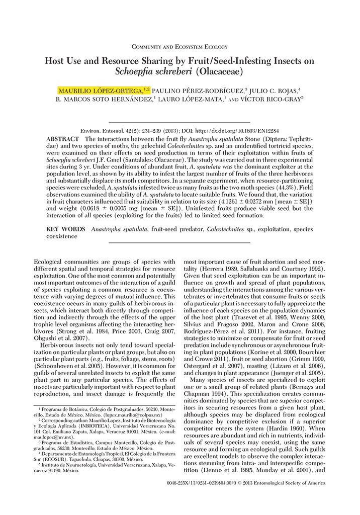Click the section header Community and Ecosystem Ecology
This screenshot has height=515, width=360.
[179, 47]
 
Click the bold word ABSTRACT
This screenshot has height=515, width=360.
[62, 138]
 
